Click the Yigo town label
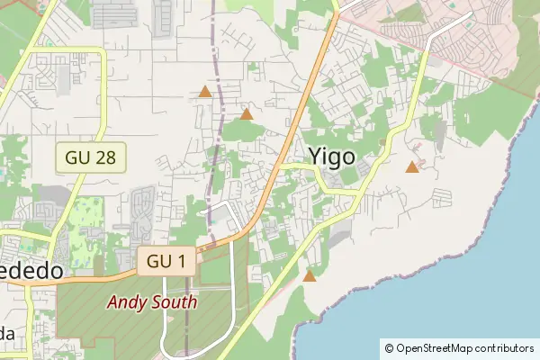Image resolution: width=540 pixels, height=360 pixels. tap(331, 156)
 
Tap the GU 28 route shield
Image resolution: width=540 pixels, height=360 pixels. tap(90, 157)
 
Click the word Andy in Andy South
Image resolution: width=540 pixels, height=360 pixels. tap(128, 302)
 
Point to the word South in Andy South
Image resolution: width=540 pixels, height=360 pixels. tap(175, 302)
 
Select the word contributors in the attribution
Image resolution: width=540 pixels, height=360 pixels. tap(507, 348)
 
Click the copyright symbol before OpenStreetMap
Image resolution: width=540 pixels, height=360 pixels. tap(389, 348)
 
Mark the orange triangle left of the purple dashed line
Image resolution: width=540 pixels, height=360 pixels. tap(205, 92)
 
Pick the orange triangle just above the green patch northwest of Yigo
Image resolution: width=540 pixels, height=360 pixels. tap(247, 113)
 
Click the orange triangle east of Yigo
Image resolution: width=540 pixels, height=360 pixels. tap(412, 166)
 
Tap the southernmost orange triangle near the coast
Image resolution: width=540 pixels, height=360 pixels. tap(310, 275)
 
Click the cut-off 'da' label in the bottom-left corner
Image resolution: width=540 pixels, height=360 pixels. tap(7, 334)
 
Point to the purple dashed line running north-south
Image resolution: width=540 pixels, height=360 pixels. tap(214, 135)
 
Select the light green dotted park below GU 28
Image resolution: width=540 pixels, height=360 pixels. tap(88, 217)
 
